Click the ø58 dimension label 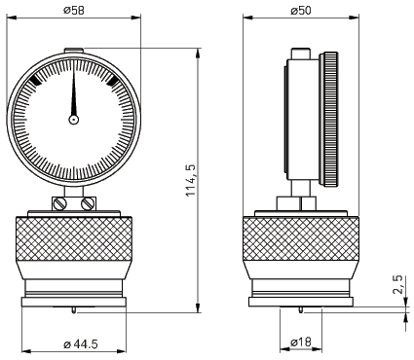pos(74,10)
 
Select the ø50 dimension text pos(301,10)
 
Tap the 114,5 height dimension pos(191,180)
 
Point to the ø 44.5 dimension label pos(81,343)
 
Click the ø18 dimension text pos(301,342)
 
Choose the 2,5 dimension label pos(397,284)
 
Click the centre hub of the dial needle pos(74,120)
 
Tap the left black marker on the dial pos(35,81)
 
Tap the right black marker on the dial pos(112,81)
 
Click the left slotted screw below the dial pos(60,203)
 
